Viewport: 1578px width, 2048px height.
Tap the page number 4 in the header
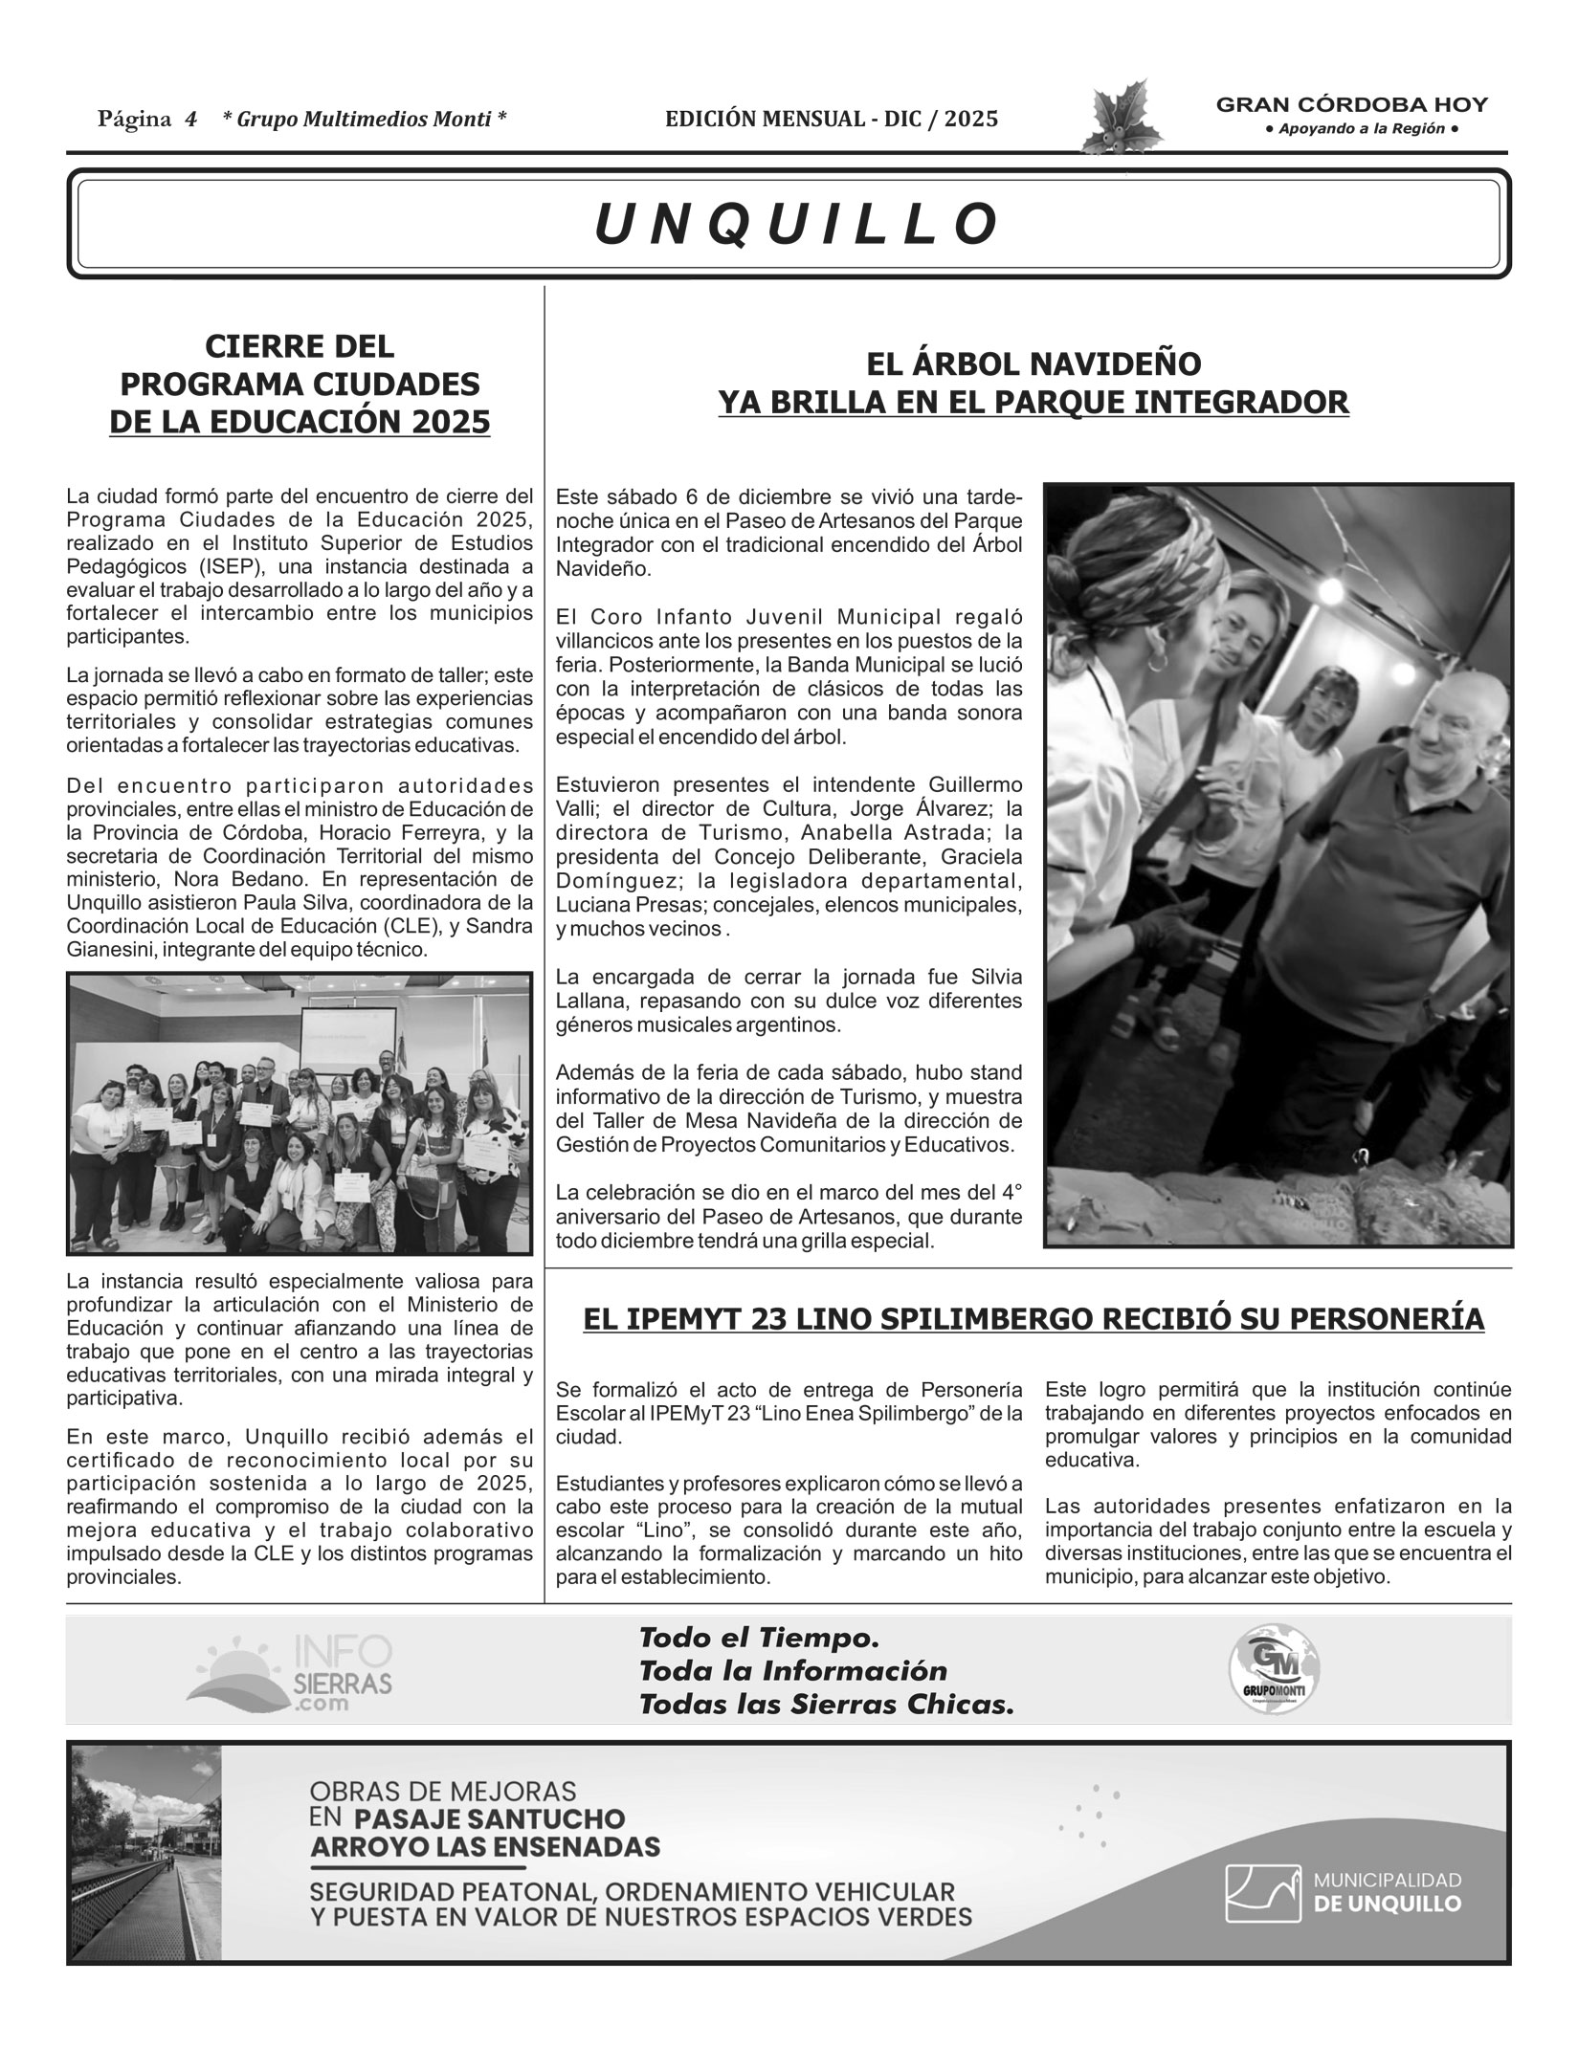coord(190,120)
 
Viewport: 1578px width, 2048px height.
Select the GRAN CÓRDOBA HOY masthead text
coord(1351,106)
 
